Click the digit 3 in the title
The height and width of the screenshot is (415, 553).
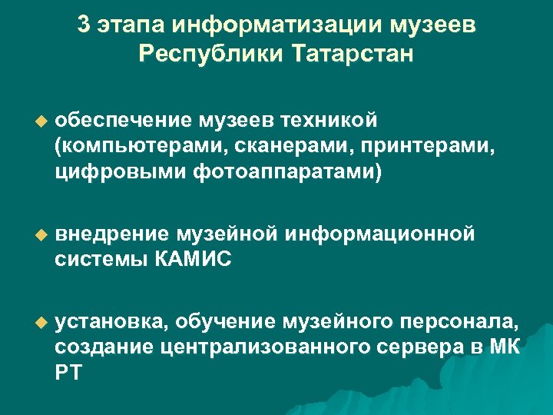(84, 25)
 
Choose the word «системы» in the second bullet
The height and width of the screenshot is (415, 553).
(100, 259)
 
